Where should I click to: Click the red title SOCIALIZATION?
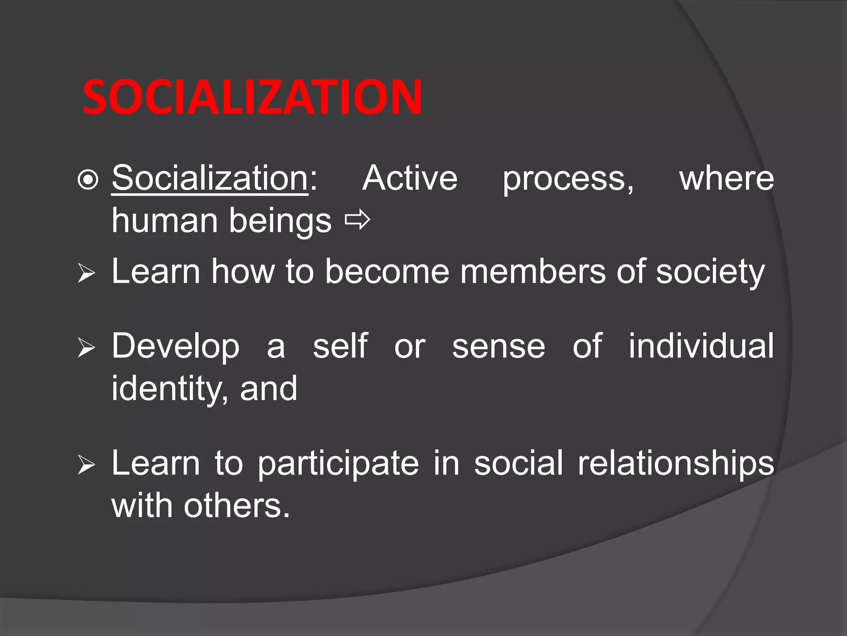pyautogui.click(x=252, y=97)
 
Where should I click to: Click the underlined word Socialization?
pyautogui.click(x=210, y=178)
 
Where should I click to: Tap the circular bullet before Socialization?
pyautogui.click(x=88, y=180)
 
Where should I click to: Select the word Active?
pyautogui.click(x=410, y=178)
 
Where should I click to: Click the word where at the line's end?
pyautogui.click(x=727, y=178)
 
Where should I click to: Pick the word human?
pyautogui.click(x=165, y=220)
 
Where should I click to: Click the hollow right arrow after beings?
pyautogui.click(x=357, y=221)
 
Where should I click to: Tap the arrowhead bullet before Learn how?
pyautogui.click(x=86, y=275)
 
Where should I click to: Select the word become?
pyautogui.click(x=387, y=272)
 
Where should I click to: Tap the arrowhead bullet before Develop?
pyautogui.click(x=86, y=349)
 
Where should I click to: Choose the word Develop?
pyautogui.click(x=175, y=347)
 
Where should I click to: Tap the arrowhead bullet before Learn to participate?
pyautogui.click(x=86, y=466)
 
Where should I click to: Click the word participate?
pyautogui.click(x=338, y=464)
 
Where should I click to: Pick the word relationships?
pyautogui.click(x=676, y=464)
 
